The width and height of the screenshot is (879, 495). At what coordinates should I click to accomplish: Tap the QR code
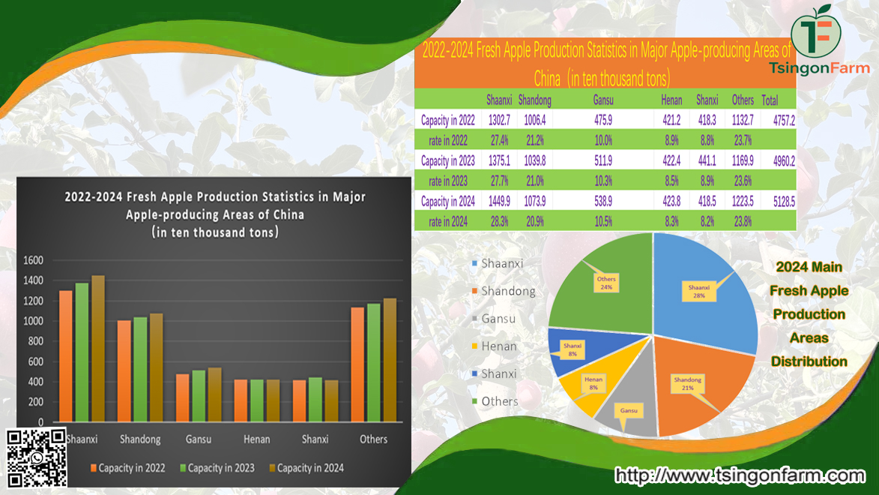[x=37, y=457]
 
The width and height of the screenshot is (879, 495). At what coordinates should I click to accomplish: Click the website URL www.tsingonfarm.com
[x=740, y=475]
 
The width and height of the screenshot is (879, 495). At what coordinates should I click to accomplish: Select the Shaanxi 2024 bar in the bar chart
[x=98, y=349]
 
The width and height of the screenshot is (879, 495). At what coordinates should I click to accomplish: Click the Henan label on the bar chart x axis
[x=256, y=439]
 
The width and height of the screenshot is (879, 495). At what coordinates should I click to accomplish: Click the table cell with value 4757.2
[x=778, y=120]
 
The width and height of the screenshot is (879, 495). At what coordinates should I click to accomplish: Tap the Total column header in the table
[x=770, y=100]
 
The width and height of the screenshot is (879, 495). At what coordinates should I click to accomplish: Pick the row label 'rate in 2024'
[x=448, y=221]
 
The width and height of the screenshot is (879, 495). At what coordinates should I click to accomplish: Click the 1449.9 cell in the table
[x=499, y=201]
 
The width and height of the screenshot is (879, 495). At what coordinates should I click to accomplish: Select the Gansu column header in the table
[x=603, y=100]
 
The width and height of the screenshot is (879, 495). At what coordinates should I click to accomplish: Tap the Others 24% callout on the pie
[x=605, y=283]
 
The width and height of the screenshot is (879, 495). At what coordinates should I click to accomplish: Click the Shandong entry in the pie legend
[x=507, y=291]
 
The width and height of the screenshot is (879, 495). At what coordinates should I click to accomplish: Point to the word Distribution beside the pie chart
[x=809, y=361]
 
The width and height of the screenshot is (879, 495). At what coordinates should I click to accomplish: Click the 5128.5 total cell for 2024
[x=778, y=201]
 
